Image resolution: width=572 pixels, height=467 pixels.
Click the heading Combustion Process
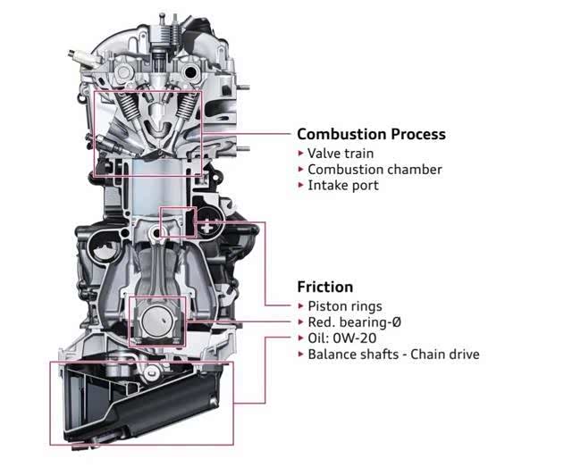(371, 134)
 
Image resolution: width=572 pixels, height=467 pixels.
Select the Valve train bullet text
(341, 153)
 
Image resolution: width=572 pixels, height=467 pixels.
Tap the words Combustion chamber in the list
(374, 169)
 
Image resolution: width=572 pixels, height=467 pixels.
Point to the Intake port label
(343, 185)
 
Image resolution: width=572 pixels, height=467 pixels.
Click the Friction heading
(324, 287)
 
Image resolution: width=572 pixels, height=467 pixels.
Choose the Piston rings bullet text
(346, 305)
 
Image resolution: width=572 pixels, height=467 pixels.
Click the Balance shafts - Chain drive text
(393, 354)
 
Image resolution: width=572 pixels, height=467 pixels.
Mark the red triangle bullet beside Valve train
(300, 153)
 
